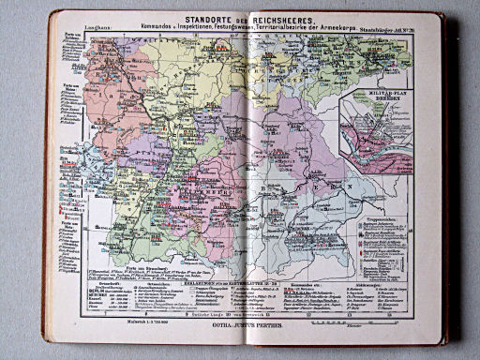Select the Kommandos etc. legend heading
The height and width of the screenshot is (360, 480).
pyautogui.click(x=314, y=277)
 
